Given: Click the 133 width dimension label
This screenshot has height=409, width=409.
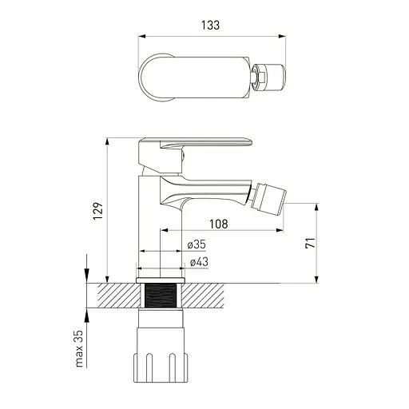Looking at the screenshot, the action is (x=210, y=26).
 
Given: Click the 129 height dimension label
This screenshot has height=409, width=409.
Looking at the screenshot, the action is (x=98, y=211).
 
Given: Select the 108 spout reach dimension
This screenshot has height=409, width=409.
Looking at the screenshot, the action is (x=219, y=224).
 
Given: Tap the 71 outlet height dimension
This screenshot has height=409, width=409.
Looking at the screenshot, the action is (x=310, y=243).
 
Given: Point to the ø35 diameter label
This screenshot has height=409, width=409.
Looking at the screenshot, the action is (x=197, y=244).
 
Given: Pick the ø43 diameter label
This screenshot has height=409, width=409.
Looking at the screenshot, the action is (x=199, y=262).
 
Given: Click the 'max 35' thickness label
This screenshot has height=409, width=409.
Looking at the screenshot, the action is (x=79, y=349).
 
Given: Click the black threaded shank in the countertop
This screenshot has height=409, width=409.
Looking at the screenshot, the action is (x=161, y=296).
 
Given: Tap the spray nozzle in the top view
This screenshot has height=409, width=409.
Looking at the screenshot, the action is (x=268, y=77).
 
